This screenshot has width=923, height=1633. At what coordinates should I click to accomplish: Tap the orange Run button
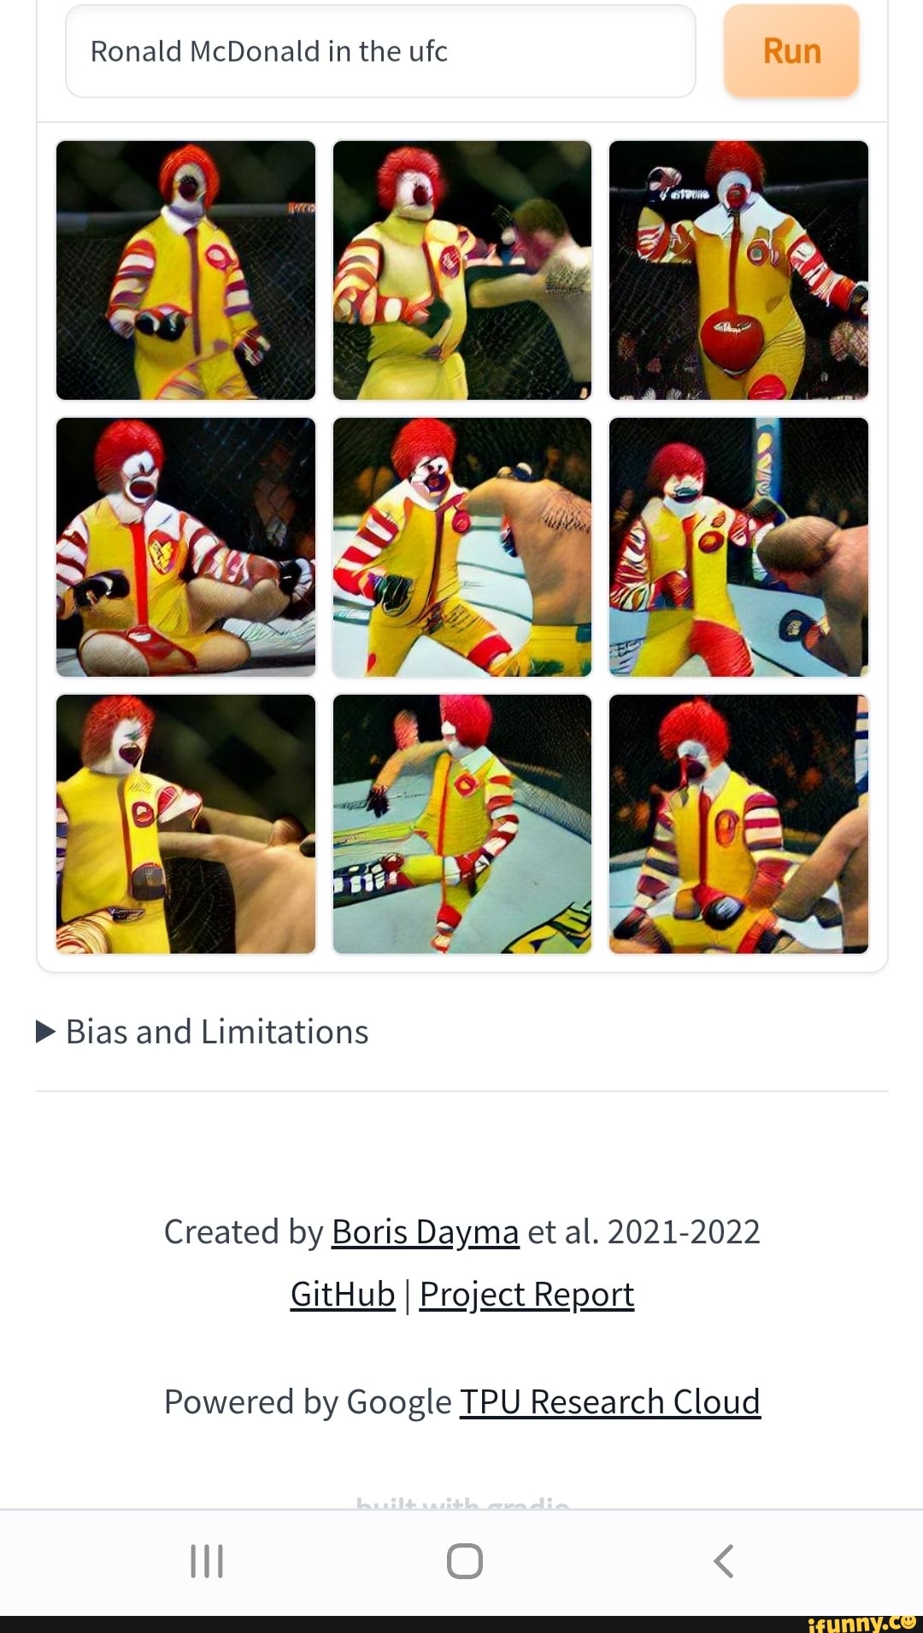click(791, 51)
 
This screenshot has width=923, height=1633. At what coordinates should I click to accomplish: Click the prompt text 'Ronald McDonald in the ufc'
click(269, 51)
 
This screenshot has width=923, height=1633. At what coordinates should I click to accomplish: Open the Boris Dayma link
click(425, 1232)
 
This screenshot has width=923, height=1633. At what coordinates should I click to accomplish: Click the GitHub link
click(343, 1295)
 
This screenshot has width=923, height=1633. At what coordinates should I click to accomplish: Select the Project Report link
click(526, 1295)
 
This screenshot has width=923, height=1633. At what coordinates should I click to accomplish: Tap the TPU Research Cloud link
click(609, 1402)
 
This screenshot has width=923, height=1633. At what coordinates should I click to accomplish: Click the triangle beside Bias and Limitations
click(46, 1031)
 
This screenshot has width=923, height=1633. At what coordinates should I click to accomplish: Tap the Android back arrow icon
click(723, 1561)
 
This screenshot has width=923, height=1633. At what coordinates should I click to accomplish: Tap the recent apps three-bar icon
click(206, 1561)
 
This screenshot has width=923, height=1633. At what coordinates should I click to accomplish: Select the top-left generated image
click(185, 270)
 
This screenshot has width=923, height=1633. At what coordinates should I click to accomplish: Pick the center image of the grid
click(461, 547)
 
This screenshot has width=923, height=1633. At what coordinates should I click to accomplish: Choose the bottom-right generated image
click(738, 824)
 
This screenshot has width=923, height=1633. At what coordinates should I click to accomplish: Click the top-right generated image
click(738, 270)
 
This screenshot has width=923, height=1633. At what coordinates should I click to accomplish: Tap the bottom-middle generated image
click(461, 824)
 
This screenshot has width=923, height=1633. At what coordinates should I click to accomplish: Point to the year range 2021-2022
click(684, 1232)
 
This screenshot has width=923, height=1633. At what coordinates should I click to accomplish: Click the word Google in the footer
click(399, 1402)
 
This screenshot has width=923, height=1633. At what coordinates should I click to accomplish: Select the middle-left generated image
click(185, 547)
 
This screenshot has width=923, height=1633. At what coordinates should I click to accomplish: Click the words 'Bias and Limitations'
click(217, 1032)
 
